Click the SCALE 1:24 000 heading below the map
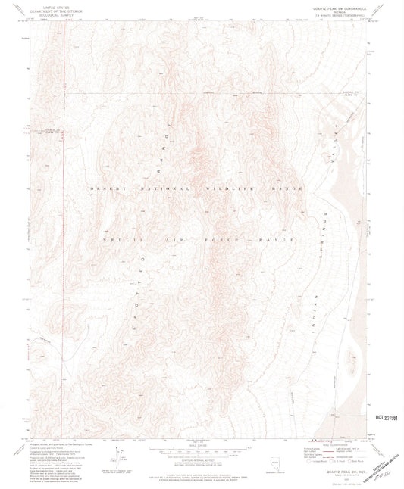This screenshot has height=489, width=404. [200, 443]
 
